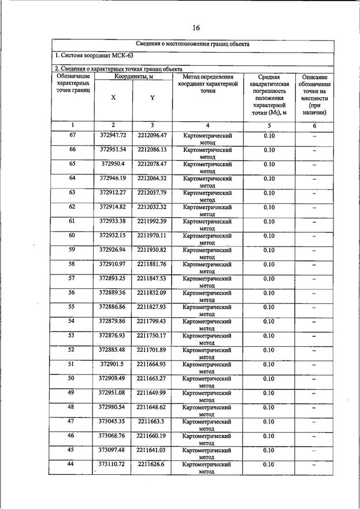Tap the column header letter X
[x=113, y=98]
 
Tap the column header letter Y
[x=152, y=98]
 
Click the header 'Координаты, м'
[x=133, y=76]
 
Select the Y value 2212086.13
[x=152, y=150]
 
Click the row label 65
[x=72, y=164]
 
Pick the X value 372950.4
[x=113, y=164]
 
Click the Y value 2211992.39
[x=152, y=221]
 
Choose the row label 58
[x=72, y=264]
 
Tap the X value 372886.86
[x=113, y=307]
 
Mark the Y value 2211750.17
[x=152, y=336]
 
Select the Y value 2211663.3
[x=152, y=422]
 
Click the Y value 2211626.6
[x=152, y=465]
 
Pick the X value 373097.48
[x=113, y=450]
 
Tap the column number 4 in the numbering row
[x=207, y=125]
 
